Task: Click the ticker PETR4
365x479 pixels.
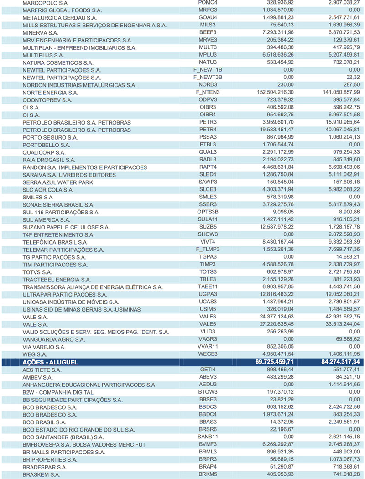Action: point(208,130)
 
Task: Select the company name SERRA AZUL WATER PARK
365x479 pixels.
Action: point(57,182)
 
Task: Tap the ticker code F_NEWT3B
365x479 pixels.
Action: point(208,77)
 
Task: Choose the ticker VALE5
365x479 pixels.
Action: point(208,324)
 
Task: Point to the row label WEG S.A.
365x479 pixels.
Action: point(35,354)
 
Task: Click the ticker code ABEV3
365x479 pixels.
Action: point(208,377)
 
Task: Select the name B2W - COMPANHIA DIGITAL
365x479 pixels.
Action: point(58,392)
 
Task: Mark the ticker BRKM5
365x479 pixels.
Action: point(208,474)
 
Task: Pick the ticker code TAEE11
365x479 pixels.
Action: point(208,286)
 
